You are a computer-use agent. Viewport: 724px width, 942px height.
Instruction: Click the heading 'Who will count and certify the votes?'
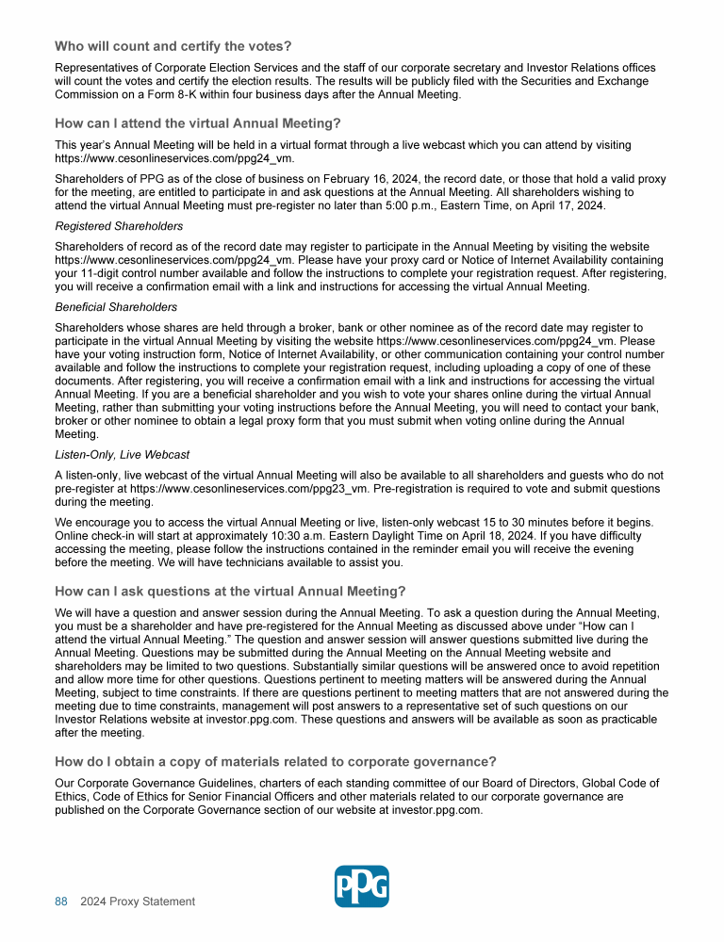pyautogui.click(x=173, y=46)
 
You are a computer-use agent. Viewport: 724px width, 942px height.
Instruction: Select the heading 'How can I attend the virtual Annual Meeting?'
pyautogui.click(x=197, y=123)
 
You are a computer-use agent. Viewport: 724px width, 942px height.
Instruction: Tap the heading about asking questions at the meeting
pyautogui.click(x=230, y=592)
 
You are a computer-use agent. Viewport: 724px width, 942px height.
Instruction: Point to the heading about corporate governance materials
pyautogui.click(x=275, y=761)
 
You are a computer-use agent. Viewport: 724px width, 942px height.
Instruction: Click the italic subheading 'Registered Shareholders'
pyautogui.click(x=119, y=226)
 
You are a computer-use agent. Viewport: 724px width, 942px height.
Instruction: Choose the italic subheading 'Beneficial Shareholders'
pyautogui.click(x=116, y=307)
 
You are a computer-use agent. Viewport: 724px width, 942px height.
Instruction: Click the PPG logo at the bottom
pyautogui.click(x=362, y=886)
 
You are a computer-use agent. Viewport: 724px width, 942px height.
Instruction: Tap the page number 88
pyautogui.click(x=61, y=901)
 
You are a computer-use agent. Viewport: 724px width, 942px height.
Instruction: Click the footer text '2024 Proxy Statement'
pyautogui.click(x=138, y=901)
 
